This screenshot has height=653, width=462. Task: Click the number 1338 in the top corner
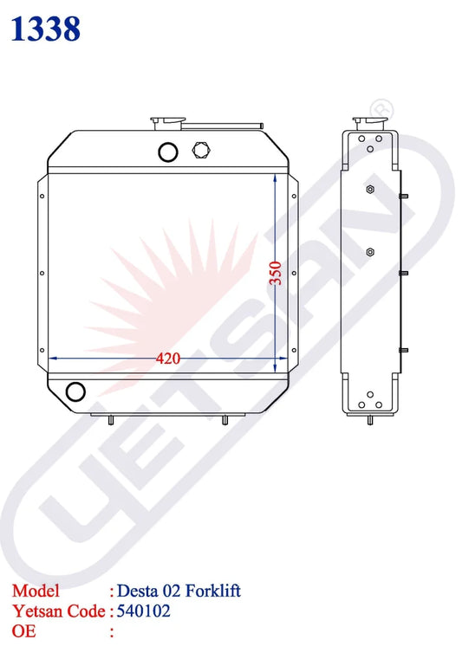coord(46,29)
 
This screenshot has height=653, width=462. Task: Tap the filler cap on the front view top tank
coord(165,121)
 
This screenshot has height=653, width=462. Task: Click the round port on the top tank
coord(167,152)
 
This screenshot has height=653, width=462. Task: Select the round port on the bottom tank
coord(76,391)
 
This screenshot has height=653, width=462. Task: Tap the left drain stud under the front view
coord(111,420)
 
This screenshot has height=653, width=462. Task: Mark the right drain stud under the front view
coord(224,420)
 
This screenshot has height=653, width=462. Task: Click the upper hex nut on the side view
coord(370,190)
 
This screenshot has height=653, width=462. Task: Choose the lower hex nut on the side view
coord(370,252)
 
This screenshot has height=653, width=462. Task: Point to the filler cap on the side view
coord(363,122)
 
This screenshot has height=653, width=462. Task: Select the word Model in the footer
coord(36,591)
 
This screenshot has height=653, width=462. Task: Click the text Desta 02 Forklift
coord(179,591)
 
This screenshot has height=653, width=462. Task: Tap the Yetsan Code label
coord(56,611)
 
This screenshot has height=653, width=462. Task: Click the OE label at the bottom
coord(23,631)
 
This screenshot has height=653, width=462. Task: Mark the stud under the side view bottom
coord(372,421)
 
